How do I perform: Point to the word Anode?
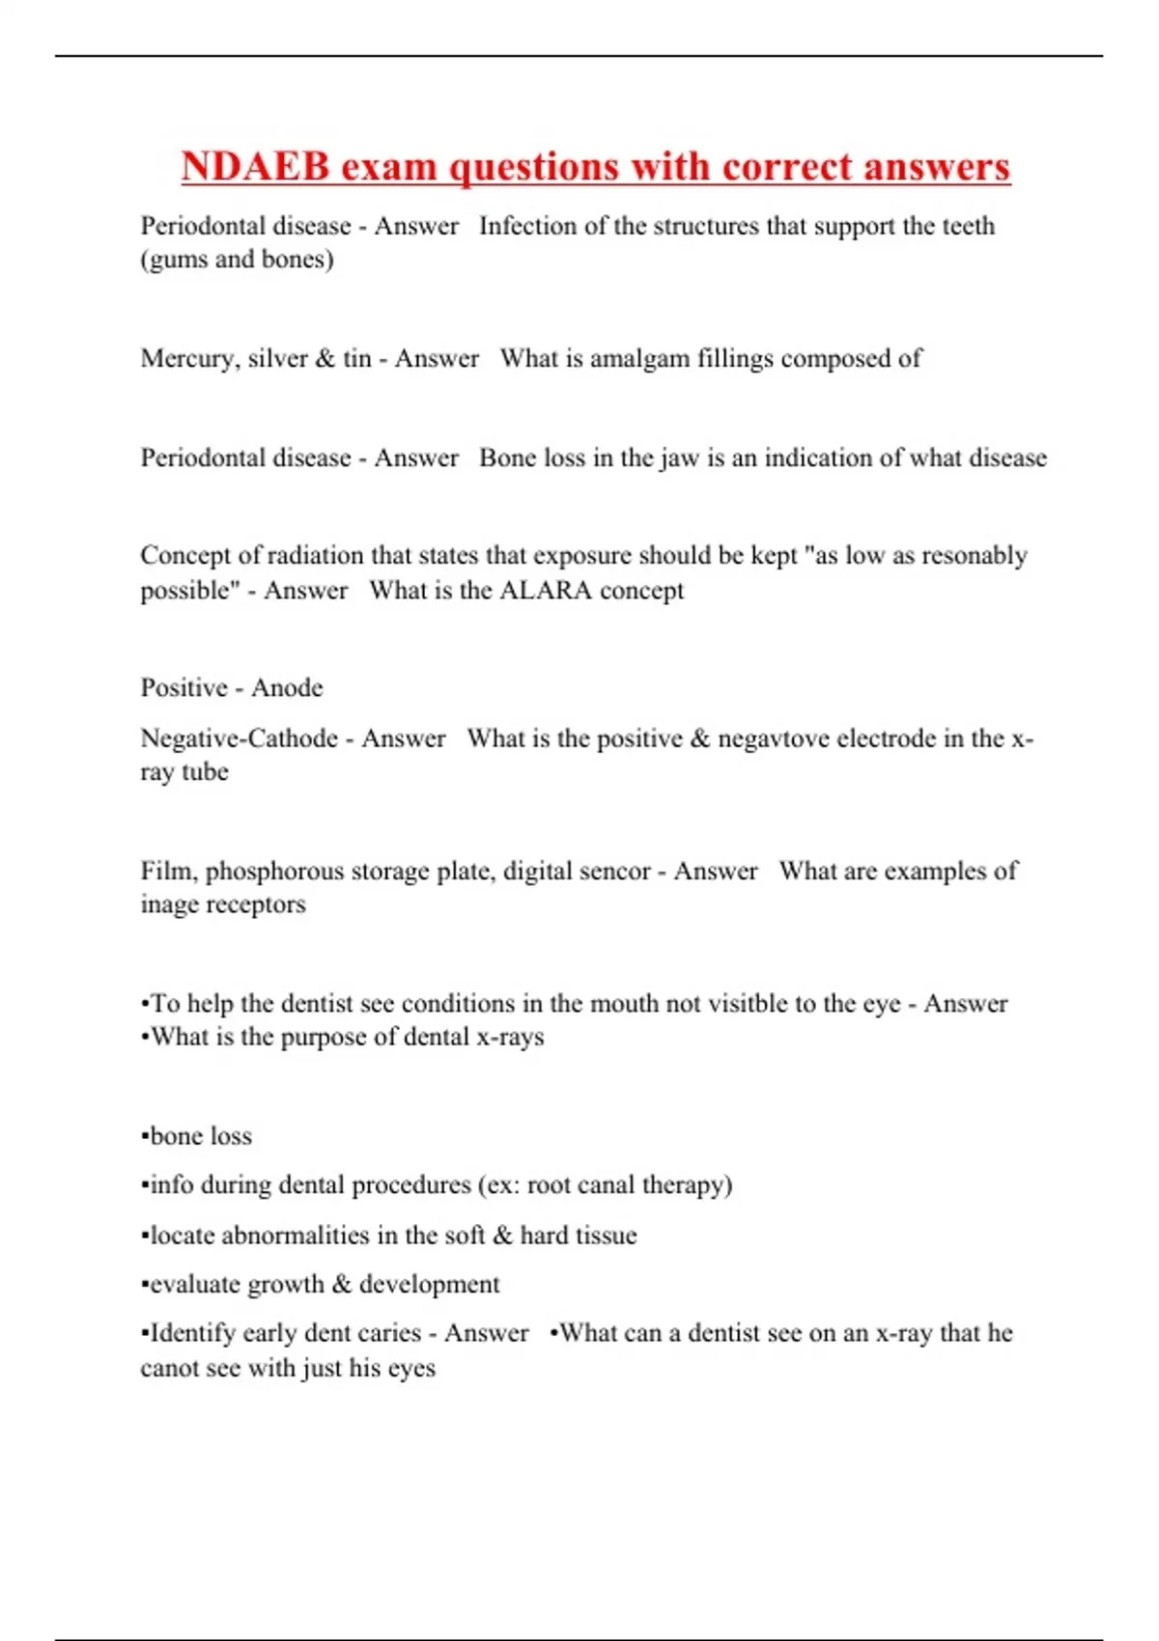287,688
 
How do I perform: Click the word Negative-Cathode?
239,738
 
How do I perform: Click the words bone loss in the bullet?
201,1136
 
